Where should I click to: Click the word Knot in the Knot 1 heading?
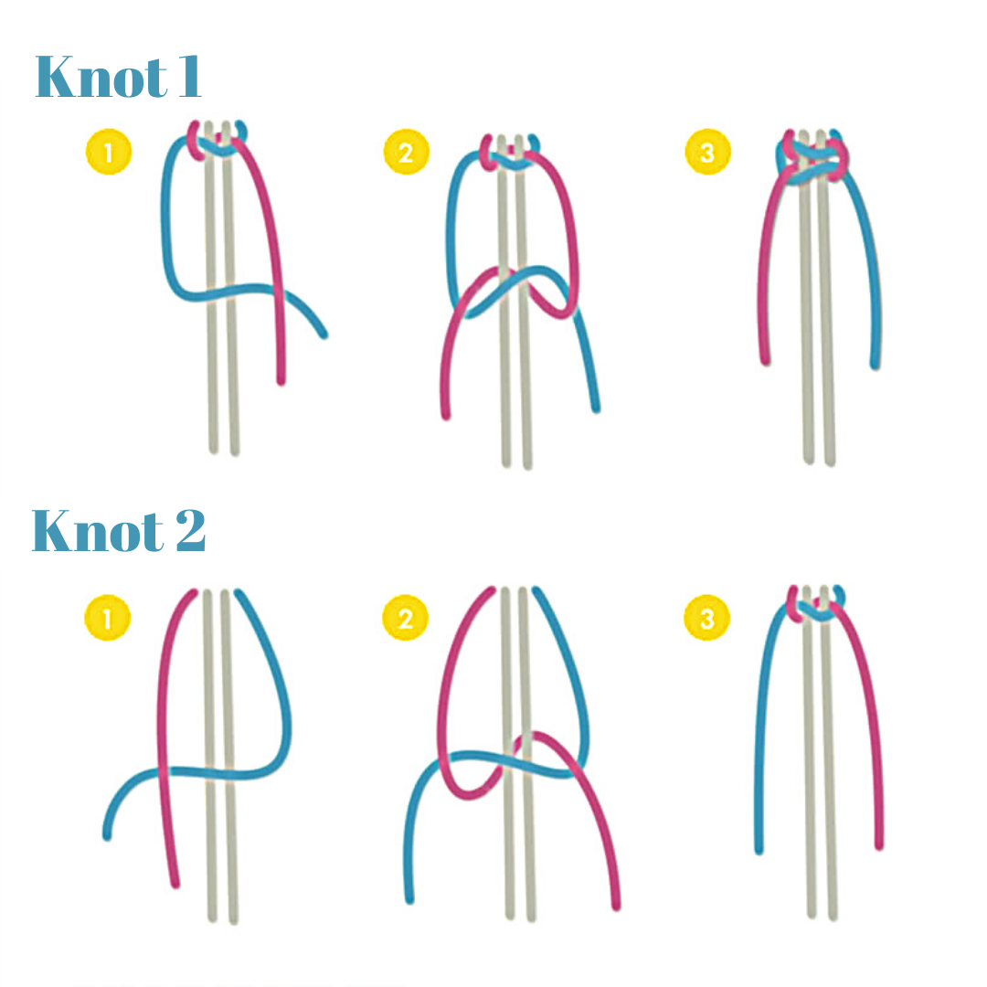pos(90,78)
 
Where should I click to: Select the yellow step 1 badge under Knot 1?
pos(109,153)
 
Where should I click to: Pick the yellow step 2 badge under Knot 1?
pos(406,153)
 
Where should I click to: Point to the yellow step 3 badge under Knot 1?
pos(706,153)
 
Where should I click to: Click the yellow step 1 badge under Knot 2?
pos(107,619)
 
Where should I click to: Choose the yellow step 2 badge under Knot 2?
pos(405,619)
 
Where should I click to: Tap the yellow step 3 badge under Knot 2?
pos(706,619)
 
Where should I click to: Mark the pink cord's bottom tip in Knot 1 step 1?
pos(281,379)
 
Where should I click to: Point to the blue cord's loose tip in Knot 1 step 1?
pos(323,334)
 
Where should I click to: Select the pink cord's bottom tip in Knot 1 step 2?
pos(446,416)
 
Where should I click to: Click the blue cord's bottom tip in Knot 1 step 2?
pos(596,408)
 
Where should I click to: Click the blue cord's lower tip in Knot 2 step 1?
pos(108,835)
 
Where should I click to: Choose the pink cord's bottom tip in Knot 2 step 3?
pos(879,844)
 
